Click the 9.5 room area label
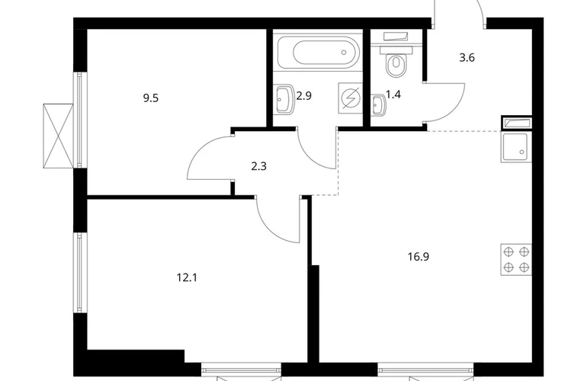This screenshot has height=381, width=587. click(150, 98)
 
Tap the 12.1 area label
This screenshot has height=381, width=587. click(187, 277)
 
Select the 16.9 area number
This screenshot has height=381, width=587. click(419, 257)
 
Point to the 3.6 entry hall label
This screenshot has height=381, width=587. click(467, 58)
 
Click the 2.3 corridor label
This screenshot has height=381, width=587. click(258, 166)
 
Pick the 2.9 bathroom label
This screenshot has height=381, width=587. click(303, 96)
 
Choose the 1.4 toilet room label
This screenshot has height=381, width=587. click(393, 94)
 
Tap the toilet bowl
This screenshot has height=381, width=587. click(396, 66)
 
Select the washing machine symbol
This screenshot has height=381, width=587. click(351, 98)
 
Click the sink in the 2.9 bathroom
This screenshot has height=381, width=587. click(284, 99)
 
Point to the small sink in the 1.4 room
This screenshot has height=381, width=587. click(378, 105)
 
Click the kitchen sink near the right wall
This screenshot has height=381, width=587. click(516, 148)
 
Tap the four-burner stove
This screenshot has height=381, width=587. click(516, 259)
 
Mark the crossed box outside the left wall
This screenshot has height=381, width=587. click(59, 136)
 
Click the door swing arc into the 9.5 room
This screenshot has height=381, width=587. click(202, 149)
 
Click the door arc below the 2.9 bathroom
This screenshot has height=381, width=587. click(312, 157)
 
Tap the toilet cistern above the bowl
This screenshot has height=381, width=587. click(396, 50)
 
